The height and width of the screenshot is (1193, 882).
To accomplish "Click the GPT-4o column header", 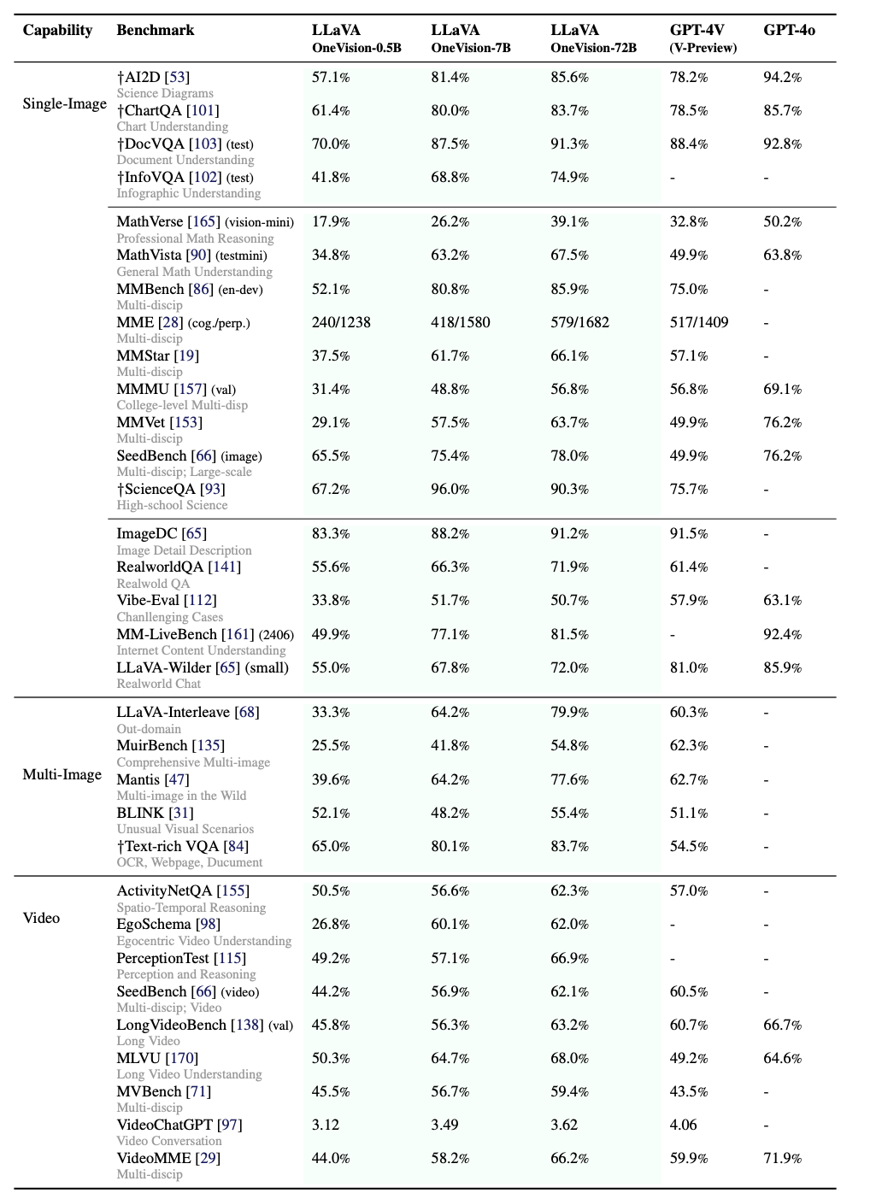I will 789,30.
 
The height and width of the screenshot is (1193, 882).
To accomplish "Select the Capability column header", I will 57,30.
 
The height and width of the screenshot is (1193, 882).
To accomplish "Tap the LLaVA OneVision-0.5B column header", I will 356,38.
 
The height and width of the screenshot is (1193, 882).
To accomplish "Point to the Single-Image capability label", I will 65,103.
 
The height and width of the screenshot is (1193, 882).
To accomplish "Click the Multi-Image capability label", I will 62,774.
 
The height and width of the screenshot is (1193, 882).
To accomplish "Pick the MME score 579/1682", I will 580,322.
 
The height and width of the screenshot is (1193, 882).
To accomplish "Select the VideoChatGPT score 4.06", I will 683,1125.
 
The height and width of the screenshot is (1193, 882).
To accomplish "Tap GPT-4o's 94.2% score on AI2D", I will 782,77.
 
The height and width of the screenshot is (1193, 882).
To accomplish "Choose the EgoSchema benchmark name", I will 154,924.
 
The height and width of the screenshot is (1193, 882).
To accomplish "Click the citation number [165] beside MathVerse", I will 204,221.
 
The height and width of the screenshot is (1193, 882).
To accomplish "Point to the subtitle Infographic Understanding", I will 188,193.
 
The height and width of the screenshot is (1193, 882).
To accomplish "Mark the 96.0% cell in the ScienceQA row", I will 450,489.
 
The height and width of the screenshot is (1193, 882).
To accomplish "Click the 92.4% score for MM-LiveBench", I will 782,634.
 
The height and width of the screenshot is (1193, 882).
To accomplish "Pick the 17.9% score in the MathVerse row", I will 331,221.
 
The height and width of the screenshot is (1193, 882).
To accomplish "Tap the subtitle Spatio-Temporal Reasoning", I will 191,908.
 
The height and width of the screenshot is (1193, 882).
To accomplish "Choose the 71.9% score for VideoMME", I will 782,1158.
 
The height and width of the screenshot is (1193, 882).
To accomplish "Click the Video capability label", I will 41,918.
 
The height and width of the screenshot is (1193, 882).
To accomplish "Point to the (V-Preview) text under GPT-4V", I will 703,48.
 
